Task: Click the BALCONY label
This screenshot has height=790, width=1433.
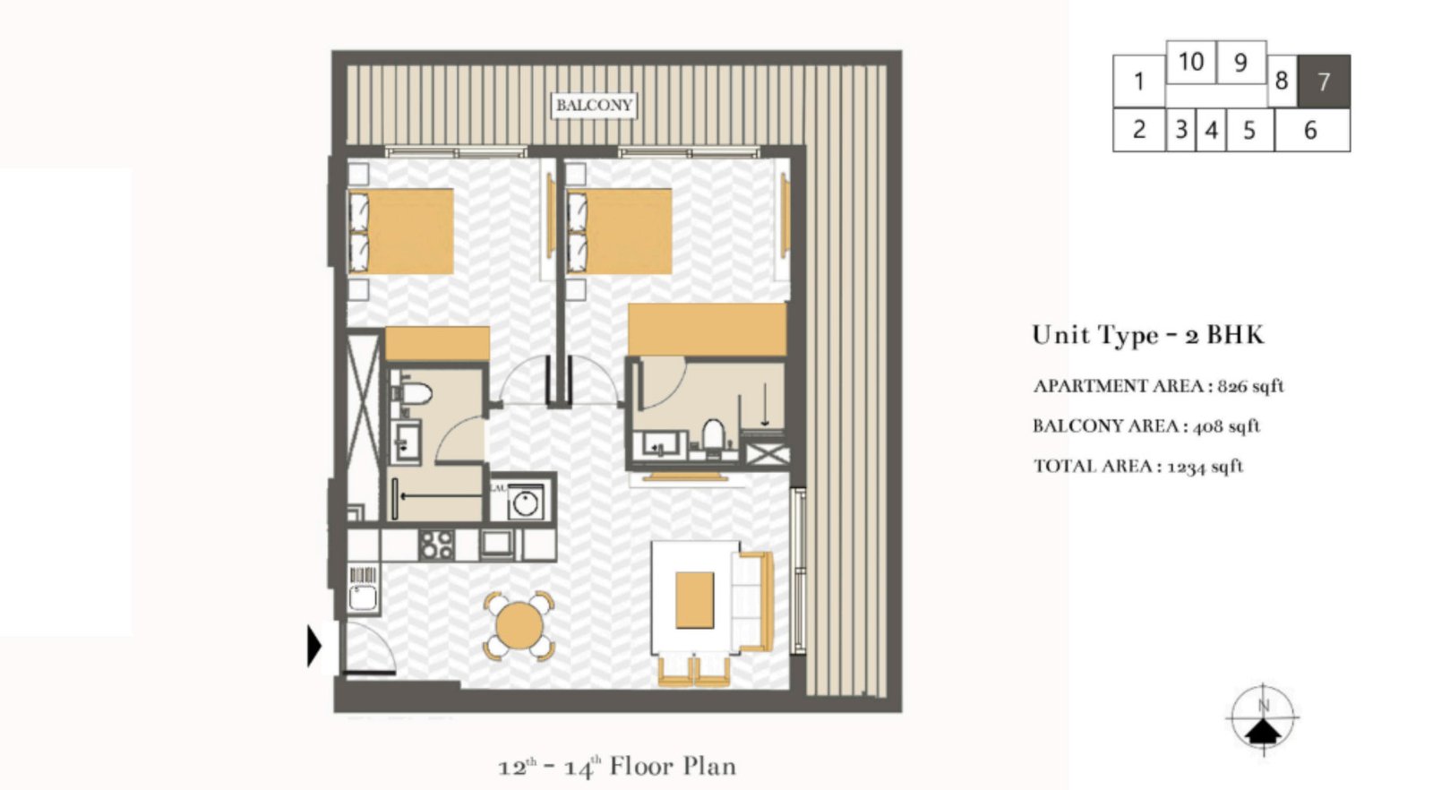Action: coord(594,106)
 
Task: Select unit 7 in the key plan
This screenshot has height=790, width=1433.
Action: coord(1324,82)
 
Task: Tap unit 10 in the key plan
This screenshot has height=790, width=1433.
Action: coord(1190,62)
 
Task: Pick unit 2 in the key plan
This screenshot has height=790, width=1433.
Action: coord(1138,130)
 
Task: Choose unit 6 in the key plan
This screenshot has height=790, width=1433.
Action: coord(1310,131)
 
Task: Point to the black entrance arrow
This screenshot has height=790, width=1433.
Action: coord(313,645)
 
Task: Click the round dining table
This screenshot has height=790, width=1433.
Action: coord(519,625)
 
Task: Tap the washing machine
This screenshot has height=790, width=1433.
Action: coord(525,502)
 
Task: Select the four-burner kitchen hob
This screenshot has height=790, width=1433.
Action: coord(437,545)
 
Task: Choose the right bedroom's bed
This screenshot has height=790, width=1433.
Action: coord(620,231)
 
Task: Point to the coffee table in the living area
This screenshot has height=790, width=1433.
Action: coord(694,599)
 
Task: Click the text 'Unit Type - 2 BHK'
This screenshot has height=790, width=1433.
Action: coord(1147,335)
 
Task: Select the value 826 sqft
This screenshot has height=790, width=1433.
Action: coord(1250,386)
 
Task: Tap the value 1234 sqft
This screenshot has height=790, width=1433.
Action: coord(1205,466)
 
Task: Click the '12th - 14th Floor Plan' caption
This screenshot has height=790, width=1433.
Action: coord(617,767)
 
